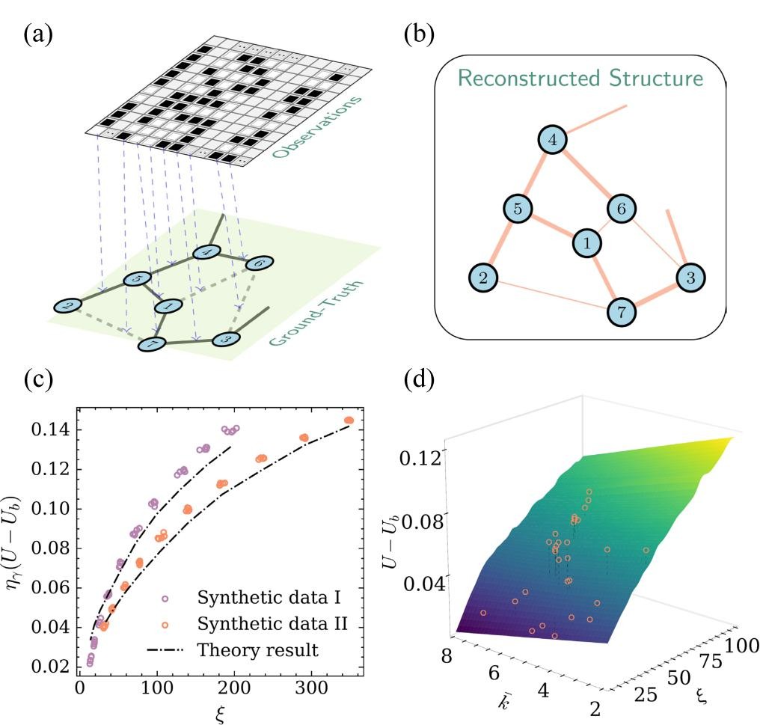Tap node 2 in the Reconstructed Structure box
(x=483, y=278)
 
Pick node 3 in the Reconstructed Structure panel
(x=690, y=277)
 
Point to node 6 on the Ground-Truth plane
(x=258, y=263)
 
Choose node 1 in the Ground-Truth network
(x=168, y=305)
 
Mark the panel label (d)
(x=417, y=379)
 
